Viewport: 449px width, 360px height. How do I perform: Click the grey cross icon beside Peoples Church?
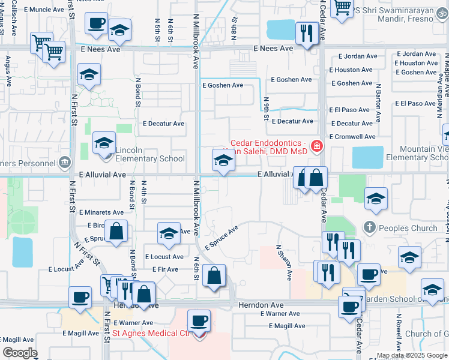tap(370, 228)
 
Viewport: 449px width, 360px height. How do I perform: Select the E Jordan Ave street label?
tap(416, 54)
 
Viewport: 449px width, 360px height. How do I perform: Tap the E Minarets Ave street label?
tap(101, 212)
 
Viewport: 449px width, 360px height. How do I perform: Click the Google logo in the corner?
tap(20, 353)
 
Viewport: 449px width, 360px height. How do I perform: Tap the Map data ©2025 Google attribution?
tap(412, 355)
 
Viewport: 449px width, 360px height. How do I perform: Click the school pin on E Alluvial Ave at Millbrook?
tap(223, 161)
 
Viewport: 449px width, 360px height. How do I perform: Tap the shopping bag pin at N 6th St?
tap(214, 276)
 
